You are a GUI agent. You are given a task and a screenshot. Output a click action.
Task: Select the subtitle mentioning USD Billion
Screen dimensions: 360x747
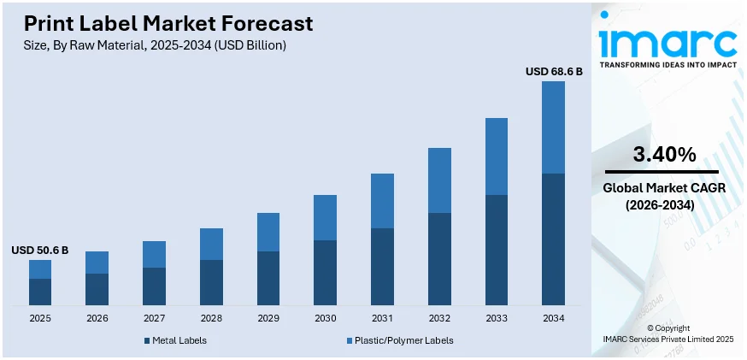click(x=155, y=45)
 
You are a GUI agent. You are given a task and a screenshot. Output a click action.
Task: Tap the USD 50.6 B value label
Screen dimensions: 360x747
click(x=39, y=251)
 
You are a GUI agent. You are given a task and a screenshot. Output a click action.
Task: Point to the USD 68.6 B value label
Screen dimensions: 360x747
click(x=554, y=72)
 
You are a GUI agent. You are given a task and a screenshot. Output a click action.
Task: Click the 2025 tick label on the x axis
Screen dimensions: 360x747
click(x=40, y=318)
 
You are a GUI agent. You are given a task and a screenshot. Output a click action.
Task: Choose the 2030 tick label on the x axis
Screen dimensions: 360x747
click(x=325, y=318)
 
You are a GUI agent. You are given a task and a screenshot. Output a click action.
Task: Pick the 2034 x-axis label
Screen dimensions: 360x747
click(x=553, y=318)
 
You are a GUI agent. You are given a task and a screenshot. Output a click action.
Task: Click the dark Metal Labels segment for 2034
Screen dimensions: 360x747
click(x=553, y=239)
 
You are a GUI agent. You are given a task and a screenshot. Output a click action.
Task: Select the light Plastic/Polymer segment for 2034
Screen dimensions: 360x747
click(x=553, y=127)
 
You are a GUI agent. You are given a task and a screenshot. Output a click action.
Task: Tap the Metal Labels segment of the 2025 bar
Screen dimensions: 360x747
click(x=40, y=292)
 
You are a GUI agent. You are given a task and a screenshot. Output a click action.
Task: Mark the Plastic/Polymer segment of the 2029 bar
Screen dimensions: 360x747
click(x=268, y=232)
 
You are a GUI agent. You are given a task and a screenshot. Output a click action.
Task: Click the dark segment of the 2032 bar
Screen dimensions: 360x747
click(x=439, y=259)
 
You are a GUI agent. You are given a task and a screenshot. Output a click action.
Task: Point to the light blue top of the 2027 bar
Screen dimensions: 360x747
click(x=154, y=254)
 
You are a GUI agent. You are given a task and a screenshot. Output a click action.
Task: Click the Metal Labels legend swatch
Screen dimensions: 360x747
click(x=147, y=341)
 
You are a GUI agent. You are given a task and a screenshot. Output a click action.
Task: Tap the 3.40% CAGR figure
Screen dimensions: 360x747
click(x=663, y=155)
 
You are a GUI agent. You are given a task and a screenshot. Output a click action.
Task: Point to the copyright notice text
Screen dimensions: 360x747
click(x=667, y=333)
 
